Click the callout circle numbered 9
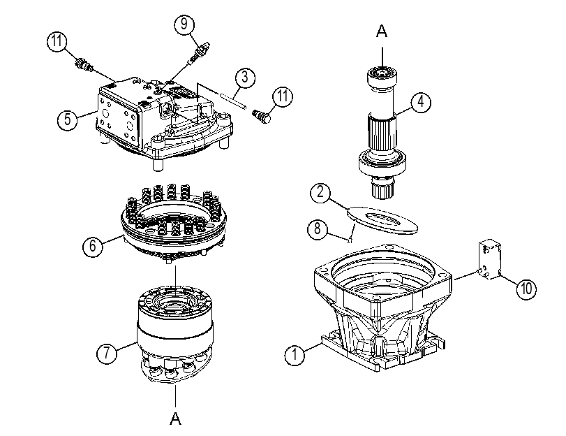pyautogui.click(x=184, y=24)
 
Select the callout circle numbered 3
pyautogui.click(x=245, y=77)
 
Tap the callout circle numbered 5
pyautogui.click(x=68, y=119)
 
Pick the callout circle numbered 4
pyautogui.click(x=421, y=102)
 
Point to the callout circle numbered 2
pyautogui.click(x=320, y=192)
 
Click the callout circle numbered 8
pyautogui.click(x=318, y=228)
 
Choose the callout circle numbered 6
pyautogui.click(x=93, y=246)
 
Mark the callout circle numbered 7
pyautogui.click(x=107, y=352)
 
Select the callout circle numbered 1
pyautogui.click(x=295, y=355)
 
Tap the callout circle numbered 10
pyautogui.click(x=526, y=289)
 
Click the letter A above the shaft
pyautogui.click(x=382, y=31)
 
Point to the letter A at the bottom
pyautogui.click(x=175, y=418)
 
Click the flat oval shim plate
pyautogui.click(x=382, y=220)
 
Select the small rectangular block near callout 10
pyautogui.click(x=489, y=261)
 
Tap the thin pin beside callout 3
pyautogui.click(x=233, y=101)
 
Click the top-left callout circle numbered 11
pyautogui.click(x=57, y=41)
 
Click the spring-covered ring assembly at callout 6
pyautogui.click(x=173, y=222)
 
